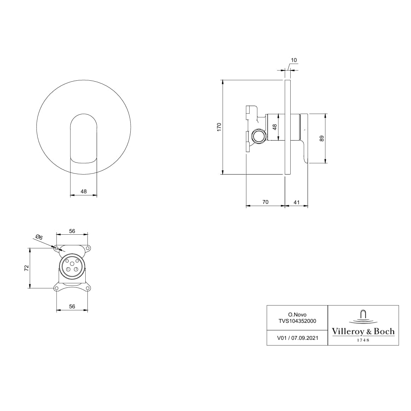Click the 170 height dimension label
(219, 127)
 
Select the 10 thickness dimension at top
(293, 60)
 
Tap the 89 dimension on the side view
(321, 138)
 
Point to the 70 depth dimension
(265, 202)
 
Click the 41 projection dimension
(296, 202)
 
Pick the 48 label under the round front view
(84, 192)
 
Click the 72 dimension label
(26, 268)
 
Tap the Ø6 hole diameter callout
(39, 238)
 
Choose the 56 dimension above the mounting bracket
(72, 231)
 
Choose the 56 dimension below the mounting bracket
(72, 307)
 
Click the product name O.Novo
(297, 314)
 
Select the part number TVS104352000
(297, 321)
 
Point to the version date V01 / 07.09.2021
(297, 338)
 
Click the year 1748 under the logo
(363, 340)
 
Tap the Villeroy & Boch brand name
(363, 332)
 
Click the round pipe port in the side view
(258, 137)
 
